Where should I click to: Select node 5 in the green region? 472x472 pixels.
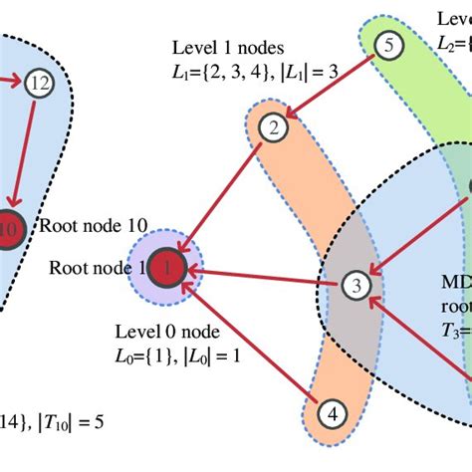[389, 44]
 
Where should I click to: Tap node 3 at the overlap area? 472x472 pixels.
[355, 286]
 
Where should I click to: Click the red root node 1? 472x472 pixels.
[168, 267]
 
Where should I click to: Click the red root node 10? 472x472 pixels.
[8, 227]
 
